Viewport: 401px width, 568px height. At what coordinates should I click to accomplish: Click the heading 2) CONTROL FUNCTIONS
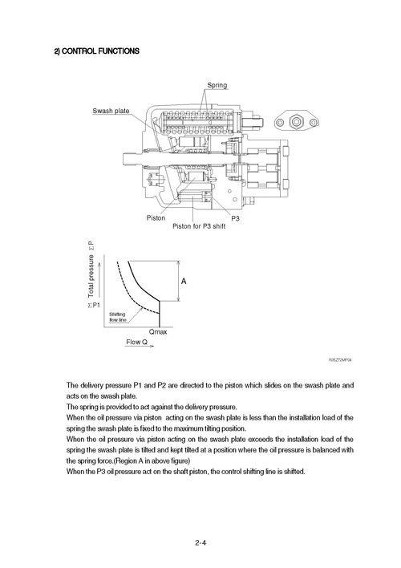[97, 51]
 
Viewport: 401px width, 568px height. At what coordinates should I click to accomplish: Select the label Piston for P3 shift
[200, 226]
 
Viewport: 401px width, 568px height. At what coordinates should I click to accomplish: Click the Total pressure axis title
[91, 277]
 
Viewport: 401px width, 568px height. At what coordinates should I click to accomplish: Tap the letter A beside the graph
[184, 282]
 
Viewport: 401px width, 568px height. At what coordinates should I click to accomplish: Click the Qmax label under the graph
[159, 331]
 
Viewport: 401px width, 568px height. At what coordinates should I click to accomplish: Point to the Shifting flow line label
[117, 318]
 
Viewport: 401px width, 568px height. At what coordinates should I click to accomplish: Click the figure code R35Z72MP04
[340, 360]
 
